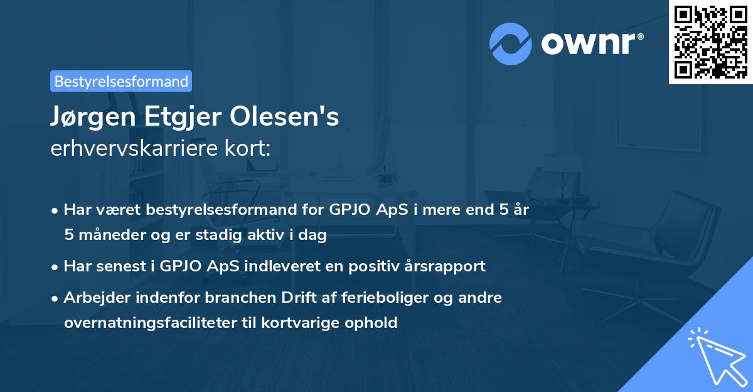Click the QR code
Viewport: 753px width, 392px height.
click(x=711, y=41)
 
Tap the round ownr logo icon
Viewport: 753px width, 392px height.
click(x=511, y=43)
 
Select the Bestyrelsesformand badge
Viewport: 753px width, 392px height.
click(x=121, y=81)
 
